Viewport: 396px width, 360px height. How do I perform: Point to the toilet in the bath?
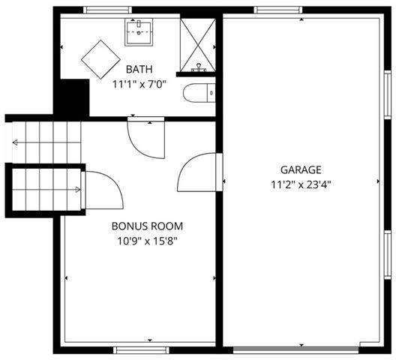[x=198, y=94]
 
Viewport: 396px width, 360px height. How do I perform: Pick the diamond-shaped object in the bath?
[x=100, y=58]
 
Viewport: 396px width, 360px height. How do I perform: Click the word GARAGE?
[x=301, y=169]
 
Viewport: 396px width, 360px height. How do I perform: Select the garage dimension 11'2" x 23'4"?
[x=301, y=184]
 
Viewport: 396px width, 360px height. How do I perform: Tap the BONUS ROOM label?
[x=147, y=226]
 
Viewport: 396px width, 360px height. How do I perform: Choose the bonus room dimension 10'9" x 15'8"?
[x=147, y=241]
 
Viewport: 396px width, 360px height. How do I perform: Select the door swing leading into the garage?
[x=198, y=173]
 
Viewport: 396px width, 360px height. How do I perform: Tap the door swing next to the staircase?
[x=103, y=190]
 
